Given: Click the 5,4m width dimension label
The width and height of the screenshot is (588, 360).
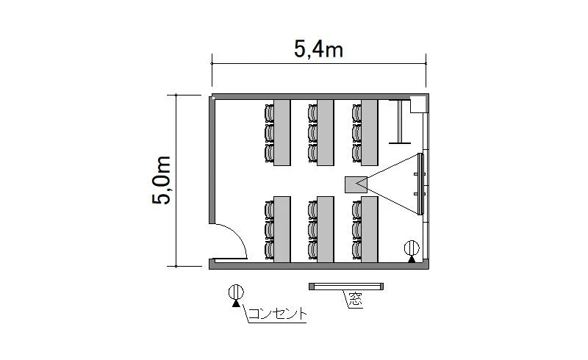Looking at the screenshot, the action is click(x=318, y=49).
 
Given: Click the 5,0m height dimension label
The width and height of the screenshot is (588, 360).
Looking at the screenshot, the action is click(x=162, y=180).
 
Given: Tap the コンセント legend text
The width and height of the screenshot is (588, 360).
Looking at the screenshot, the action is click(x=278, y=314).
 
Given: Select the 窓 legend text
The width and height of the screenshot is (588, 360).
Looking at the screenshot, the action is click(x=356, y=299).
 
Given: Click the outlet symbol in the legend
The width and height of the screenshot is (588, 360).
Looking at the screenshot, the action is click(x=236, y=295).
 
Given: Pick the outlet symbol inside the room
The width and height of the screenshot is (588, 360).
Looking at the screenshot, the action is click(x=412, y=251).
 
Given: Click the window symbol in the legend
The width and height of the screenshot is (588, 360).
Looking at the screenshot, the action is click(x=346, y=287).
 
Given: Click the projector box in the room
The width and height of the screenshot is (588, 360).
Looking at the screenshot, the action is click(x=356, y=184).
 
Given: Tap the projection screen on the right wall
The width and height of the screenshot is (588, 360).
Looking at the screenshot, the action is click(x=420, y=184).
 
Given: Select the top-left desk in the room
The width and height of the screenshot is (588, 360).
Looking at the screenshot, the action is click(x=282, y=132).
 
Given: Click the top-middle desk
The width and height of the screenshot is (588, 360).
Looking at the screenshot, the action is click(x=326, y=132).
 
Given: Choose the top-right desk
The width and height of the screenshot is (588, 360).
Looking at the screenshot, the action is click(x=370, y=132).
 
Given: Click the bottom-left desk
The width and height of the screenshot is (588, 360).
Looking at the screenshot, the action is click(x=282, y=229).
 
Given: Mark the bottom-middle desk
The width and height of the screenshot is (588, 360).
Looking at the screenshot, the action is click(x=326, y=229).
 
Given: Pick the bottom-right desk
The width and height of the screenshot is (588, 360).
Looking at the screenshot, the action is click(x=370, y=229).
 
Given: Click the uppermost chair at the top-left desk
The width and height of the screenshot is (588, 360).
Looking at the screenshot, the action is click(x=269, y=113).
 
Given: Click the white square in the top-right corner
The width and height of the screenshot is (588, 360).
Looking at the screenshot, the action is click(x=417, y=104).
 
